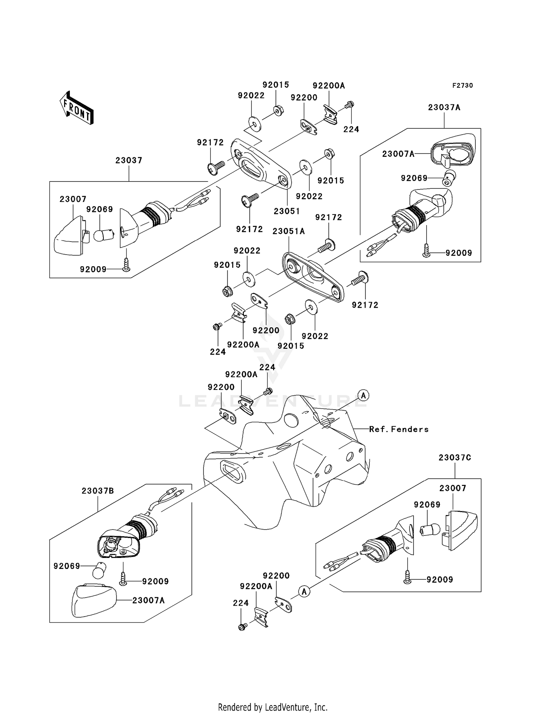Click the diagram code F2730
tap(462, 85)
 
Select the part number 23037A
tap(444, 107)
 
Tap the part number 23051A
tap(289, 231)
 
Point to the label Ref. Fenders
tap(399, 429)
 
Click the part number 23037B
tap(98, 491)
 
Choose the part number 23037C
tap(455, 458)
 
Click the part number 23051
tap(287, 211)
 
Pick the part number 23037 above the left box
tap(129, 160)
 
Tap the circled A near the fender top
tap(363, 395)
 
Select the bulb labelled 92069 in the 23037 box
tap(104, 235)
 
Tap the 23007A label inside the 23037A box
tap(398, 154)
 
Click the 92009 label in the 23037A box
tap(459, 253)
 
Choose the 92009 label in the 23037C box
tap(440, 579)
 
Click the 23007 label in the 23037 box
tap(73, 199)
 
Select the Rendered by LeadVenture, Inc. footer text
tap(273, 707)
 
